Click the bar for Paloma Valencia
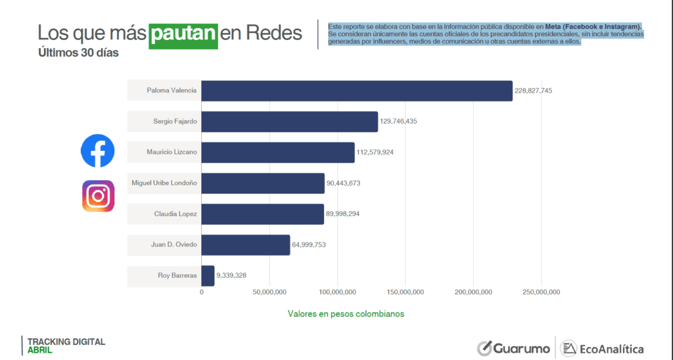(356, 91)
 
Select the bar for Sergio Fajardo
(289, 122)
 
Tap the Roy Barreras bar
(208, 276)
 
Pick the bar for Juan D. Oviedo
(245, 245)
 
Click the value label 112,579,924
(375, 152)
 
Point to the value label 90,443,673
(346, 183)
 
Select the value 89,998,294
(345, 214)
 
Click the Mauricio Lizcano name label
(172, 152)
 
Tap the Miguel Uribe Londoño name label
(164, 183)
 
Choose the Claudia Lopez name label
(175, 214)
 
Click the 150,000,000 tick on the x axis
(406, 292)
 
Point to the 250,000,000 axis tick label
(542, 292)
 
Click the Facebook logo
(97, 150)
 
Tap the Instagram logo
(98, 196)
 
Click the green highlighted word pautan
(183, 34)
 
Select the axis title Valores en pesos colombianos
(346, 314)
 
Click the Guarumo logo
(513, 348)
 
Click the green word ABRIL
(40, 350)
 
